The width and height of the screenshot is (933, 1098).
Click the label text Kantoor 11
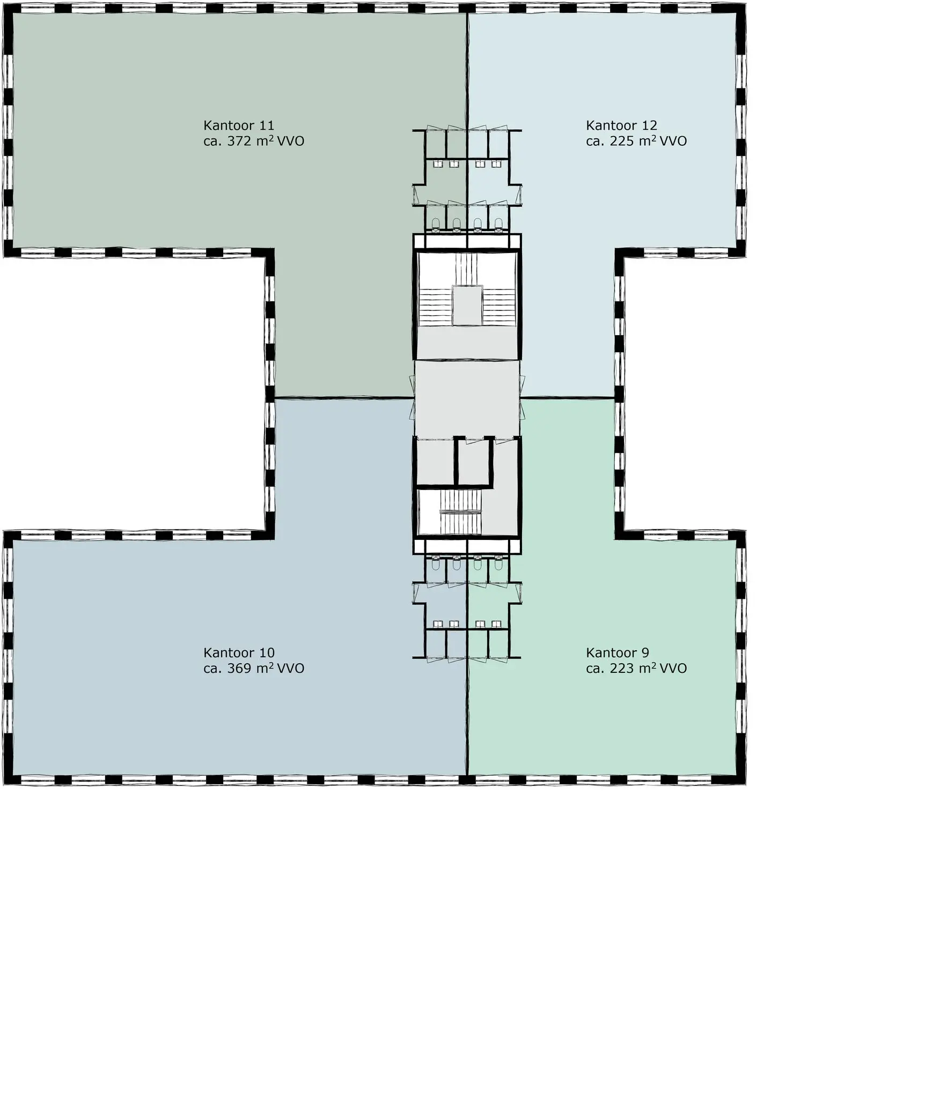click(x=239, y=125)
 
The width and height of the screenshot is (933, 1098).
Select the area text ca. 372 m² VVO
click(x=254, y=141)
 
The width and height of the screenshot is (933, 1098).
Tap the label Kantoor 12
click(x=621, y=125)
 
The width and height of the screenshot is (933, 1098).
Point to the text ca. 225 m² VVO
click(x=636, y=141)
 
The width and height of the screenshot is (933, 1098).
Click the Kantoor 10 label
click(x=239, y=652)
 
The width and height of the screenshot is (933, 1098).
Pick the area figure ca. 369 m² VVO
click(x=254, y=669)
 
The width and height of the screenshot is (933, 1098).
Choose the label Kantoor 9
click(x=618, y=652)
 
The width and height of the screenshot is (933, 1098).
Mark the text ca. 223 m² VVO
click(x=636, y=669)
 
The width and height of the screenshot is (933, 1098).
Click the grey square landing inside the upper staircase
click(x=467, y=305)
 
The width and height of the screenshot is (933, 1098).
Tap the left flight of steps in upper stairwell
click(x=435, y=306)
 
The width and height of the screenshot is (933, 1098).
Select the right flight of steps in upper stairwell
click(x=499, y=306)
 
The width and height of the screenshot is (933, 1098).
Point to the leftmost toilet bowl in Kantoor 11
click(x=436, y=223)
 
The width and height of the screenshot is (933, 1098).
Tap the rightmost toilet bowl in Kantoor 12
click(x=499, y=223)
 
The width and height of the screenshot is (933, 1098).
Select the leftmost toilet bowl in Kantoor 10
click(x=436, y=563)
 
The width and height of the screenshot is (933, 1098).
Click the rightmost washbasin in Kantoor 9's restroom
click(x=496, y=624)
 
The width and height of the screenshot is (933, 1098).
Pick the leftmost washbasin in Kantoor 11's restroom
click(x=437, y=164)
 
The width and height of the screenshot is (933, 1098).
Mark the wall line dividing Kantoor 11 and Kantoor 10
click(x=343, y=398)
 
